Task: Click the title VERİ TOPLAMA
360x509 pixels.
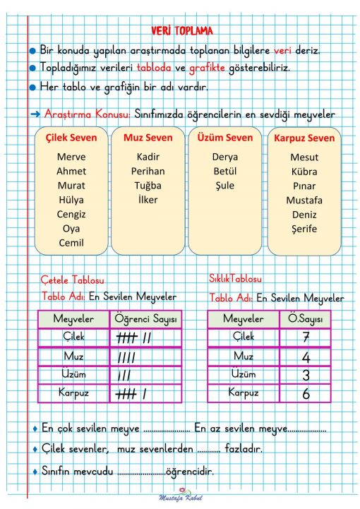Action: (x=181, y=30)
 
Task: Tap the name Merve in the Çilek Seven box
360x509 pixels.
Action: (x=71, y=157)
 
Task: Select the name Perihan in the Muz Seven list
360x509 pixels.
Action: (x=148, y=171)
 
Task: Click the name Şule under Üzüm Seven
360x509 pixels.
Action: (x=224, y=186)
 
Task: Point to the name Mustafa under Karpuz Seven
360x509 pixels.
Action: (x=304, y=200)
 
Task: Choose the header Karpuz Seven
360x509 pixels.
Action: (x=304, y=138)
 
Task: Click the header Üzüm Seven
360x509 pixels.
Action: (x=224, y=137)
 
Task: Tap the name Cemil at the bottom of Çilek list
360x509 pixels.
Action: (x=71, y=243)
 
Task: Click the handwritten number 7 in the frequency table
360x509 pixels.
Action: (x=306, y=338)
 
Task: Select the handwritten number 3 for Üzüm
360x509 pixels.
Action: (x=306, y=375)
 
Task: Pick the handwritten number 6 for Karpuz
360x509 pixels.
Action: (x=306, y=394)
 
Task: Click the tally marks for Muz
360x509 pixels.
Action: (x=127, y=357)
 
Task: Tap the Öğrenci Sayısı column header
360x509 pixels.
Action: (x=146, y=320)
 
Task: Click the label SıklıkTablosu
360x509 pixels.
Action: (x=235, y=279)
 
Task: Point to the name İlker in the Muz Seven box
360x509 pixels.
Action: (x=148, y=200)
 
